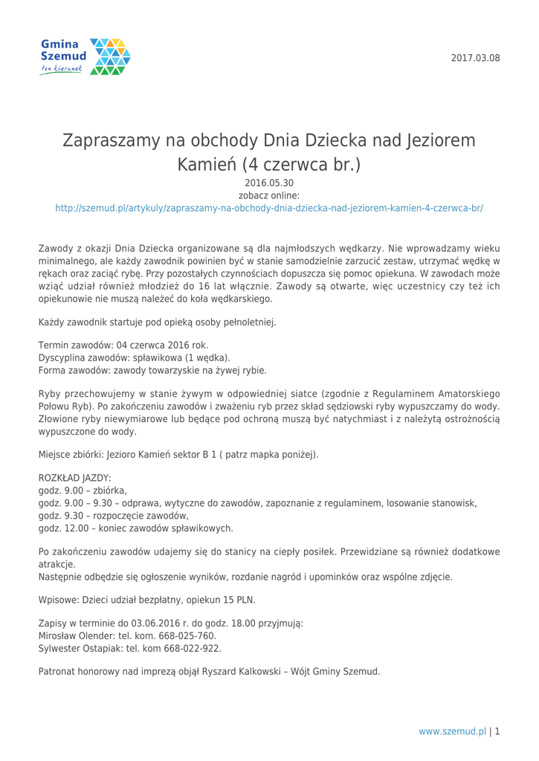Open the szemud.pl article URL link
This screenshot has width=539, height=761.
pos(269,209)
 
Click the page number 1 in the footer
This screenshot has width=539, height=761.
pos(497,731)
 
